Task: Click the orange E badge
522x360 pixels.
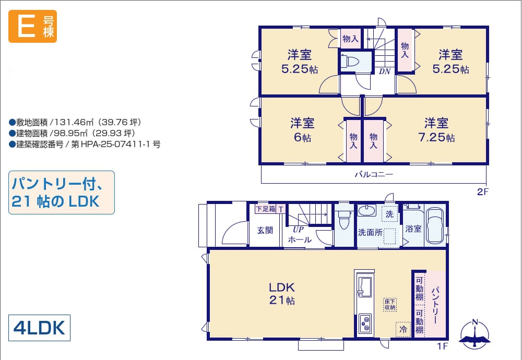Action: click(32, 26)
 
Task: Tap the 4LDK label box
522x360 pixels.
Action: click(39, 328)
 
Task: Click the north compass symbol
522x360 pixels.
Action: click(474, 334)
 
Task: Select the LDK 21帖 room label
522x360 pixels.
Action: click(282, 293)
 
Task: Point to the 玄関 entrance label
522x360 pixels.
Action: click(265, 230)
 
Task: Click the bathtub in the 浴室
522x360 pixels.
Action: click(435, 225)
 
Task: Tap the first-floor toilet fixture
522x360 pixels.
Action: click(343, 220)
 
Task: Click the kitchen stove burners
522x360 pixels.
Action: click(366, 323)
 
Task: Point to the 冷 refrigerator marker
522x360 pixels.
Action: click(403, 330)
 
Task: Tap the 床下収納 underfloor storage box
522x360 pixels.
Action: click(390, 305)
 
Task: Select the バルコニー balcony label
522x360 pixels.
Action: click(374, 174)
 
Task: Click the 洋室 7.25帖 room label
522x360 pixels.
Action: click(436, 130)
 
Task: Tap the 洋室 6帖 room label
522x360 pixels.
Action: click(302, 130)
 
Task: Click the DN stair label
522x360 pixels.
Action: click(385, 71)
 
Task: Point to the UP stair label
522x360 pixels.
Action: click(298, 229)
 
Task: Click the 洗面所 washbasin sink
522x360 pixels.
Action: click(367, 211)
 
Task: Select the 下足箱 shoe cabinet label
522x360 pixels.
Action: click(266, 209)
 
